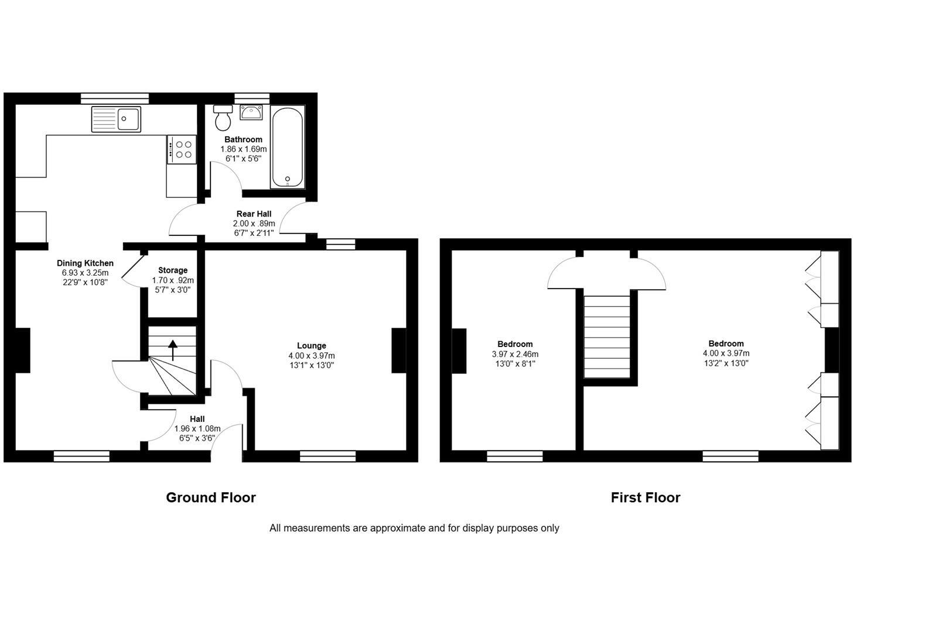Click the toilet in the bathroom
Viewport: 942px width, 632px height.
point(223,119)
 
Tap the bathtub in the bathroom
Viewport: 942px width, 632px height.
point(287,147)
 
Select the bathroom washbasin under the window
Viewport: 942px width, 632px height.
point(251,112)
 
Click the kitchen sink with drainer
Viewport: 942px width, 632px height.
point(116,119)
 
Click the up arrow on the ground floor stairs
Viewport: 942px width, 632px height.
point(173,350)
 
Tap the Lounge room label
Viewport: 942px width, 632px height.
point(311,345)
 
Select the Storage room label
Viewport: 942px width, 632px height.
point(173,270)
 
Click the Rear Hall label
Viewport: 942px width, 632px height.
point(254,214)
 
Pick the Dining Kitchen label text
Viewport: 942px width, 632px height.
point(85,263)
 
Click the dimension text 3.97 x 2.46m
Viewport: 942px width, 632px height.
point(515,354)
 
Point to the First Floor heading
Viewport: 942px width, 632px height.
point(645,497)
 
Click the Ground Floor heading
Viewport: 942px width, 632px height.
point(211,497)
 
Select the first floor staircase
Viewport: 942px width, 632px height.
point(607,336)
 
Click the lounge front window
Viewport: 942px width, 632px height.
point(327,456)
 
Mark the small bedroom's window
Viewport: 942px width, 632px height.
point(514,456)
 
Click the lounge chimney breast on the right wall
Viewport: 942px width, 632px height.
point(399,350)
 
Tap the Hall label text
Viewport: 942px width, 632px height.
point(197,419)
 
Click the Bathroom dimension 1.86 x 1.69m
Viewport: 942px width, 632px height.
point(243,149)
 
